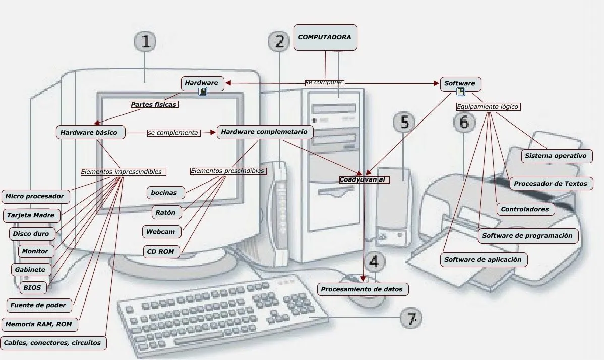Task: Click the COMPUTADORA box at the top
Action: tap(325, 38)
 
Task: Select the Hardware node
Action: tap(202, 83)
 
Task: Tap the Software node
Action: tap(460, 84)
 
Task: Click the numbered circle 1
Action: tap(145, 42)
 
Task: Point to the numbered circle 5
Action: tap(404, 122)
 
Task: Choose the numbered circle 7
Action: tap(411, 318)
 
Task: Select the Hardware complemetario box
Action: tap(265, 132)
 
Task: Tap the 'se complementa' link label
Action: tap(173, 133)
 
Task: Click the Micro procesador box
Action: tap(35, 196)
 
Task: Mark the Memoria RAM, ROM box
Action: tap(39, 324)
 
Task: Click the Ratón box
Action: tap(166, 213)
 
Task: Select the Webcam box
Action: tap(161, 232)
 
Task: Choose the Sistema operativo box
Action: tap(556, 156)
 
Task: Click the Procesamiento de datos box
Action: tap(362, 289)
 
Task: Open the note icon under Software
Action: tap(460, 92)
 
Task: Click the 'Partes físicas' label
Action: tap(154, 105)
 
